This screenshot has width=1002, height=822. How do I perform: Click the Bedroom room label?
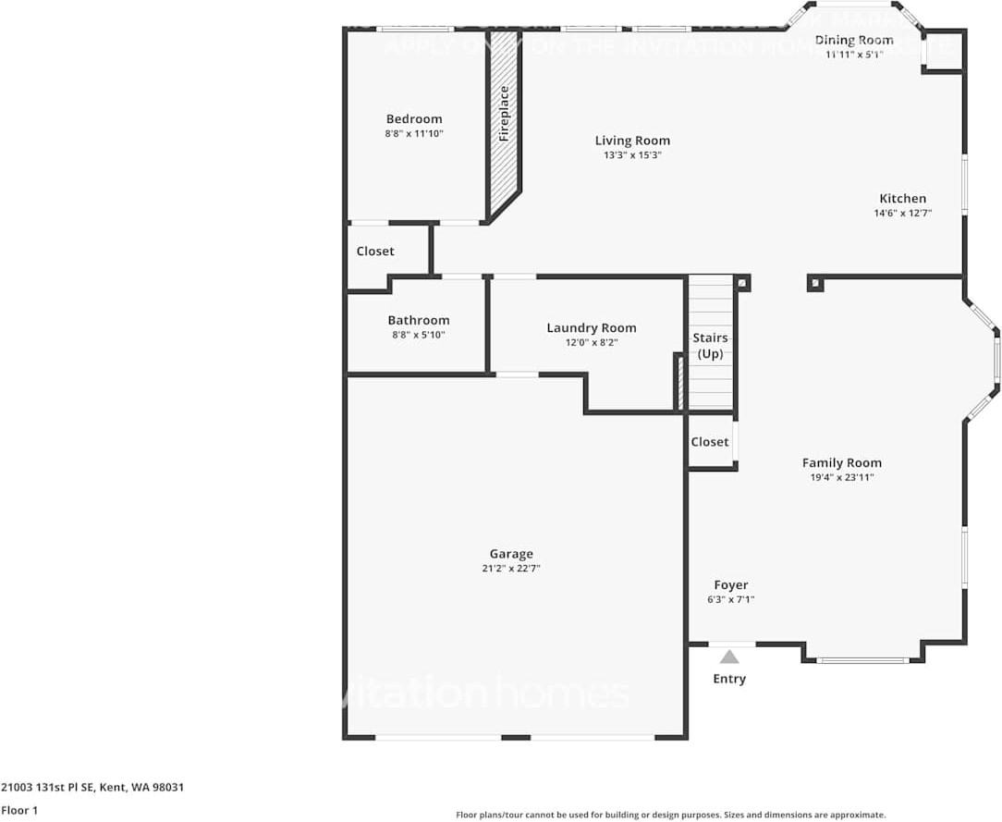[414, 118]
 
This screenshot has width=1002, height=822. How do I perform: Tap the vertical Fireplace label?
[505, 114]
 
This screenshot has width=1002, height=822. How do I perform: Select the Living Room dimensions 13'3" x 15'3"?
[632, 155]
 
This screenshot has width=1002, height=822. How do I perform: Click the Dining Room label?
[854, 40]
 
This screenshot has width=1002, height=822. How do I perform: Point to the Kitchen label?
[902, 198]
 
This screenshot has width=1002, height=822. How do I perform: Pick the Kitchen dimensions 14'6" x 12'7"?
[902, 213]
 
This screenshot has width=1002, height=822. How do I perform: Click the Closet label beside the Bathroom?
[375, 252]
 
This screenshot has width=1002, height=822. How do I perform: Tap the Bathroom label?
[419, 320]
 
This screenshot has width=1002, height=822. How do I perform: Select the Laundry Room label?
[592, 327]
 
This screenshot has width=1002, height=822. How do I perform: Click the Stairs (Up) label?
[710, 346]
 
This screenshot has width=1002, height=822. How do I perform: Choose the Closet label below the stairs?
[710, 442]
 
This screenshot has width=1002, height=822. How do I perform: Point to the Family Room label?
[841, 462]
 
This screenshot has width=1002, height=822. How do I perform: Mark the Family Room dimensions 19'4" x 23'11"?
[841, 477]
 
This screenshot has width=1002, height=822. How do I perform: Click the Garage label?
[511, 554]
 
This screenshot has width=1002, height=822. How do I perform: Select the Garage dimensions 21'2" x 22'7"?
[511, 569]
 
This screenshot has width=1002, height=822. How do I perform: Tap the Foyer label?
[731, 584]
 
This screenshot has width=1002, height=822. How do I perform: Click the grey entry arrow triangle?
[730, 657]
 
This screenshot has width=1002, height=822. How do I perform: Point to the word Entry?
[729, 679]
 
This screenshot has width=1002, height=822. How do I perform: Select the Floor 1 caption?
[19, 811]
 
